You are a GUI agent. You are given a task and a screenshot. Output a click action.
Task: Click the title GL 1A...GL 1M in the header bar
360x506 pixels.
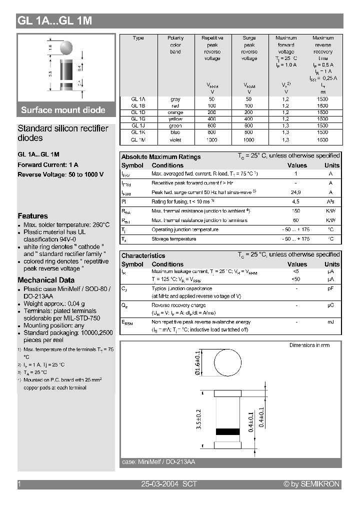point(54,21)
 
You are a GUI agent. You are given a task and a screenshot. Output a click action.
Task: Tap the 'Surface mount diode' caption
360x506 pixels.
point(63,110)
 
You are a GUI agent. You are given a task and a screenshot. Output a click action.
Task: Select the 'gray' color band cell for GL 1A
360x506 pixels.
point(175,99)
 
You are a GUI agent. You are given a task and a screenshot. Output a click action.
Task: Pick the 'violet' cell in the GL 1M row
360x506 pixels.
point(175,140)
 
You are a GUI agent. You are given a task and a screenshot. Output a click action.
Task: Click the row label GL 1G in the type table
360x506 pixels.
point(138,119)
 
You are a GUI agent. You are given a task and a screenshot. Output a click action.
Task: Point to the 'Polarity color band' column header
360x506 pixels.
point(175,45)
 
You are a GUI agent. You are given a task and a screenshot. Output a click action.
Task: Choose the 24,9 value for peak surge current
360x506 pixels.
point(296,192)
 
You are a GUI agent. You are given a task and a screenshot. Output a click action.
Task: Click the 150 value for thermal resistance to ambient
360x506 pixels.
point(296,211)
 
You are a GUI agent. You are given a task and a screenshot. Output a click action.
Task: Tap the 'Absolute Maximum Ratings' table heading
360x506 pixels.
point(161,157)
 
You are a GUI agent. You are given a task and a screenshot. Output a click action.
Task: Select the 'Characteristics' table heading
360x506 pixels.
point(143,255)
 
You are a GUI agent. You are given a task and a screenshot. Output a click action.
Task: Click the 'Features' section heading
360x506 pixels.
point(32,216)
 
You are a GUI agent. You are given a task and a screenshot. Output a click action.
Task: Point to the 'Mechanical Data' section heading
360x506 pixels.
point(46,280)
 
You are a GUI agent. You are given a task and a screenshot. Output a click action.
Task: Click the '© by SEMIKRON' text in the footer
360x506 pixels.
point(311,484)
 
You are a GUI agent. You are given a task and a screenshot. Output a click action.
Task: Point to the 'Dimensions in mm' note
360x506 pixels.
point(309,345)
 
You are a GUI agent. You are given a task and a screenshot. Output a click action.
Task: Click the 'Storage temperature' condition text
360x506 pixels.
point(173,239)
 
